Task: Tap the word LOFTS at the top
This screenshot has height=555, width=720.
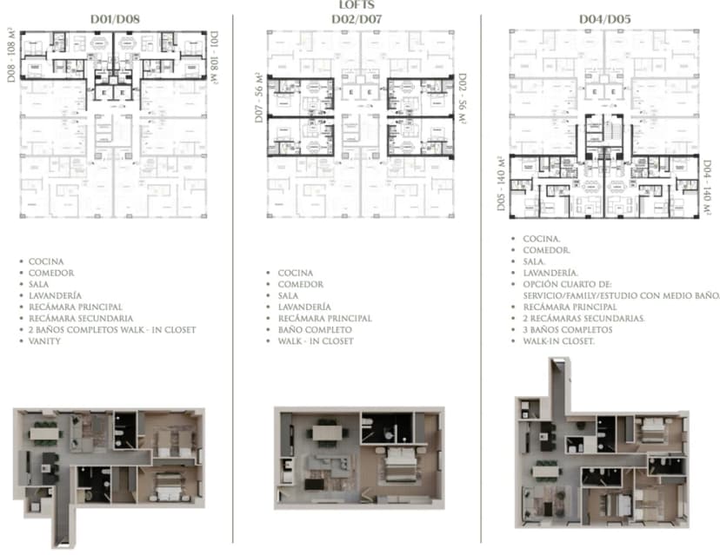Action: point(359,4)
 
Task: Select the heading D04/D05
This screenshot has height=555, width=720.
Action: point(598,17)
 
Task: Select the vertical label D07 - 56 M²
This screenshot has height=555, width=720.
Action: point(259,97)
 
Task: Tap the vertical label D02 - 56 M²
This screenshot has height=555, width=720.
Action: point(462,98)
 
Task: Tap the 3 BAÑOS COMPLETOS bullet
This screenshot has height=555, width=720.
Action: point(568,330)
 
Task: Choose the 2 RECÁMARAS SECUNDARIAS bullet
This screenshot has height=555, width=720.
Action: point(583,319)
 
